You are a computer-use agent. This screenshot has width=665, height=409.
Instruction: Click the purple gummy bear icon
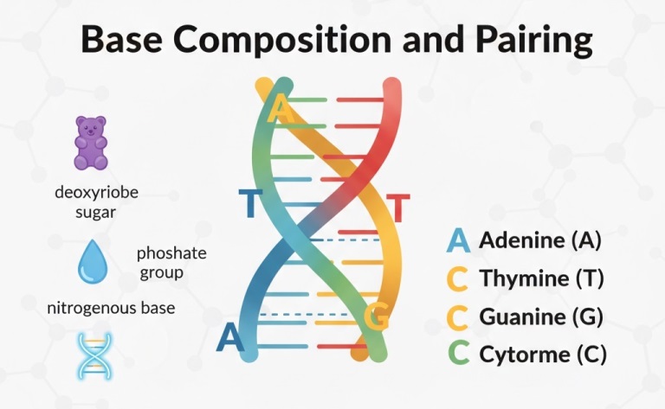tap(90, 143)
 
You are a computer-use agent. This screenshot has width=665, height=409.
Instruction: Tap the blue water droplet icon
tap(91, 262)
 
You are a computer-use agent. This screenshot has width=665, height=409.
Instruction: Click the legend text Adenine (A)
tap(539, 240)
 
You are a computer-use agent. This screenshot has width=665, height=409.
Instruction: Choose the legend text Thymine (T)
tap(541, 278)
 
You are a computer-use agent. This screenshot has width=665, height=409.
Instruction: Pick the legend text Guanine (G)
tap(541, 316)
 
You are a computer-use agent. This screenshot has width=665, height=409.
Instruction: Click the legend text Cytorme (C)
tap(543, 354)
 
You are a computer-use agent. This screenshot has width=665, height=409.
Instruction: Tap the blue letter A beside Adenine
tap(458, 240)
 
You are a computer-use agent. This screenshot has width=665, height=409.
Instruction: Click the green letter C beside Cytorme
tap(458, 354)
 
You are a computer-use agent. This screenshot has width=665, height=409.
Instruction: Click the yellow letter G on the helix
tap(376, 317)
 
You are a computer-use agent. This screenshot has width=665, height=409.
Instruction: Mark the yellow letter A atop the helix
tap(280, 110)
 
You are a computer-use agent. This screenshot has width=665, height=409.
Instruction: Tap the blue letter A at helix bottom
tap(230, 336)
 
